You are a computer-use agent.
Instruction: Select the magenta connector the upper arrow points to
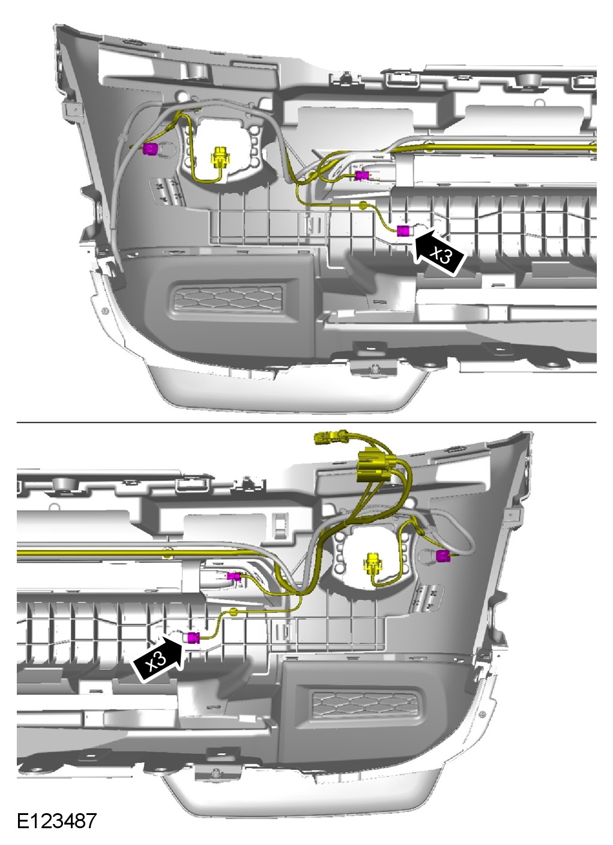click(403, 230)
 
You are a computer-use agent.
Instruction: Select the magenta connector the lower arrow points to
click(193, 638)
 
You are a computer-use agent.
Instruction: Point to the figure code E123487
click(56, 820)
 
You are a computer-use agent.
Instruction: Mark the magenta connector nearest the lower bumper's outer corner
click(442, 556)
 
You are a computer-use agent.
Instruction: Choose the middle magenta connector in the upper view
click(361, 175)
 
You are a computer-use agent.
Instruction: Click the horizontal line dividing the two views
click(306, 422)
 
